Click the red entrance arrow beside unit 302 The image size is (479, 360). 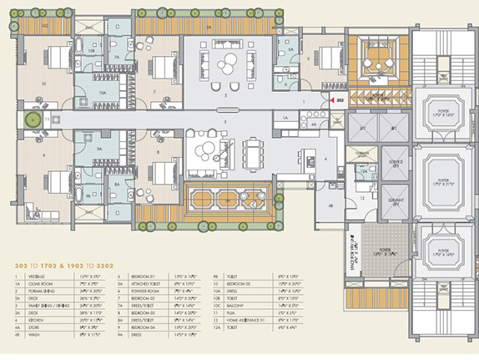331,100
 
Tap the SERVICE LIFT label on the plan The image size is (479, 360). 396,161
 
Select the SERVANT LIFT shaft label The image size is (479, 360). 396,203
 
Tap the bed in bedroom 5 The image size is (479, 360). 325,60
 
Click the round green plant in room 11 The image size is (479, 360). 33,121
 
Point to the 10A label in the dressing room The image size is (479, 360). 102,93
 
